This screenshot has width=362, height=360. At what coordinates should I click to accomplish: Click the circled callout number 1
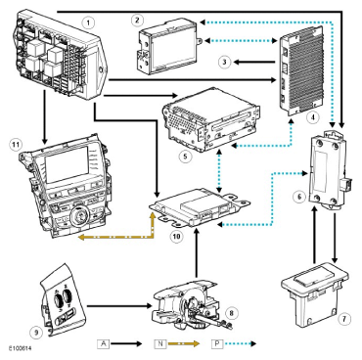tap(88, 22)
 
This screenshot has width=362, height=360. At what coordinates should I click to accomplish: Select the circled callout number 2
tap(137, 20)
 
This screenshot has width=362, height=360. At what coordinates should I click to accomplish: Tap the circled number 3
tap(225, 62)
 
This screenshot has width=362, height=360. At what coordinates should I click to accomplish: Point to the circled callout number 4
tap(313, 117)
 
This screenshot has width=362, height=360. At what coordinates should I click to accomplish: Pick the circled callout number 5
tap(185, 157)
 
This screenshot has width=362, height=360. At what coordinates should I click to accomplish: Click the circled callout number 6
tap(299, 197)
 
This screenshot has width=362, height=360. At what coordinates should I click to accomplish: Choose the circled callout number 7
tap(344, 319)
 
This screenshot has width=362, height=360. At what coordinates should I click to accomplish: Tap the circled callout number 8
tap(231, 313)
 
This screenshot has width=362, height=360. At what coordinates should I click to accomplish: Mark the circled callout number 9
tap(36, 333)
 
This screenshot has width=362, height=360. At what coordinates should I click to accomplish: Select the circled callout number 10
tap(176, 237)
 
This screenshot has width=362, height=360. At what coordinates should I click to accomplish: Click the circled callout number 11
tap(16, 145)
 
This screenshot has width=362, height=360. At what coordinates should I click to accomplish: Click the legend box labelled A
tap(104, 343)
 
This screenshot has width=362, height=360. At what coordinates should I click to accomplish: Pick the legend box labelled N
tap(160, 343)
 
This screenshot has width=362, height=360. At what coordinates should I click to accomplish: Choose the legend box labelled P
tap(217, 343)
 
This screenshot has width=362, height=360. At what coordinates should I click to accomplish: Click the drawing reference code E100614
tap(21, 348)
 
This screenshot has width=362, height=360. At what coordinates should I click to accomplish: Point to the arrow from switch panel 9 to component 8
tap(119, 306)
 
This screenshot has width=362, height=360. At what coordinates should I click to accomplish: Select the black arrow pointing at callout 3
tap(254, 62)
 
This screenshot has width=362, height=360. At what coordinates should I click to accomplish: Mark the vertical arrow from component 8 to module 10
tap(196, 252)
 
